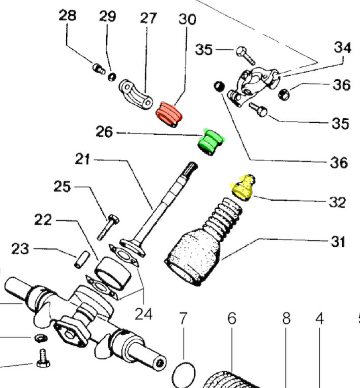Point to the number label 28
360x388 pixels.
(68, 16)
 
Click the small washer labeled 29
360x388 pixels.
(112, 77)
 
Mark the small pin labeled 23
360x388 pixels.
(79, 259)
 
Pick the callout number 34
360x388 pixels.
(342, 48)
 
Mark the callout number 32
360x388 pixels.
(336, 202)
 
